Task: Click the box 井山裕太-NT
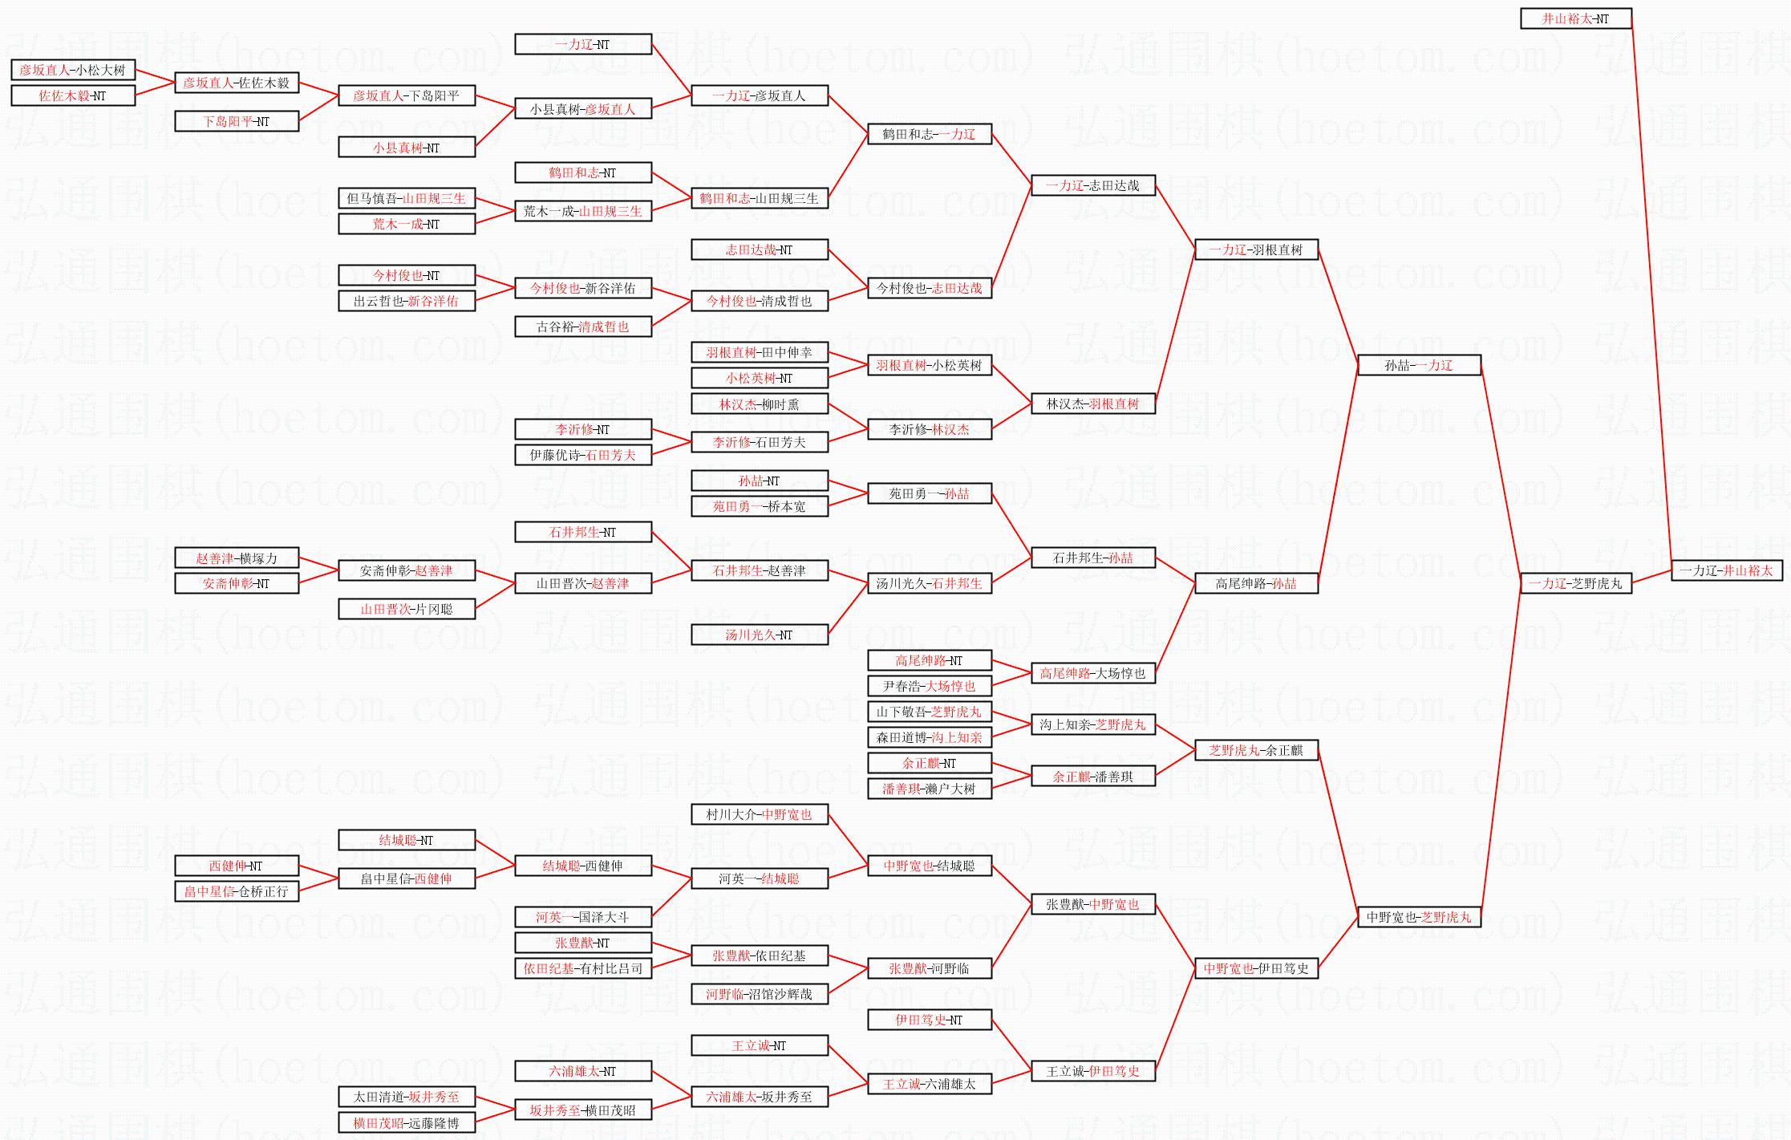click(x=1576, y=18)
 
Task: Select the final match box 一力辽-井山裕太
click(x=1727, y=570)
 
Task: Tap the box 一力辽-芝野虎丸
click(x=1576, y=583)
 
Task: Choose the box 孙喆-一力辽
click(x=1419, y=365)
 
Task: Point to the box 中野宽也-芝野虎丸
click(x=1419, y=917)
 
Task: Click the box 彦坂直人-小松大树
click(x=73, y=70)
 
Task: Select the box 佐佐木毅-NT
click(x=73, y=95)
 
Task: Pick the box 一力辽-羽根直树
click(x=1256, y=250)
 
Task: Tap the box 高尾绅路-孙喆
click(x=1256, y=583)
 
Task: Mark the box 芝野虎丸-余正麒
click(x=1256, y=750)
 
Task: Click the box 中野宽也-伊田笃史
click(x=1256, y=968)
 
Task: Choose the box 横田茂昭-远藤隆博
click(x=407, y=1123)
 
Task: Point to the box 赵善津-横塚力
click(x=237, y=558)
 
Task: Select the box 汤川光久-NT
click(x=760, y=635)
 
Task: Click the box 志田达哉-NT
click(x=760, y=250)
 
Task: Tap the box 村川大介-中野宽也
click(x=760, y=814)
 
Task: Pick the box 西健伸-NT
click(x=237, y=866)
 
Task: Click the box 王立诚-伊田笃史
click(x=1093, y=1071)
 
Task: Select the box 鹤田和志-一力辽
click(x=930, y=134)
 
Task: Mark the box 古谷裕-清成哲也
click(x=583, y=327)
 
